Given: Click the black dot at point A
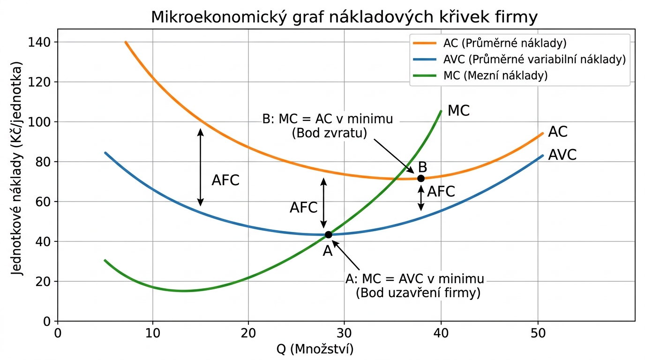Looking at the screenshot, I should (328, 234).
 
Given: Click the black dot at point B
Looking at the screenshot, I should (421, 179).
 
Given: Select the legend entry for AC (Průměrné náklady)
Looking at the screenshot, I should (505, 44).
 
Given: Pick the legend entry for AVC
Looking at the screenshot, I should (534, 60).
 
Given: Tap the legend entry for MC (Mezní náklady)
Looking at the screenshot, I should (495, 75).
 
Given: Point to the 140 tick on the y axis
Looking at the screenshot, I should (42, 42).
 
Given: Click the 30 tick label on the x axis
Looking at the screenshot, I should (344, 333).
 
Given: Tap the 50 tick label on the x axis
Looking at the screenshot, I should (538, 333).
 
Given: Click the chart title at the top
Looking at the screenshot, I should (344, 17).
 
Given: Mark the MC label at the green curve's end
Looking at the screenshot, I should (458, 111).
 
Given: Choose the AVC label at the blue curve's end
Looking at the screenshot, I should (562, 155).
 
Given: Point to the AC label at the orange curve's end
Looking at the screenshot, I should (557, 132).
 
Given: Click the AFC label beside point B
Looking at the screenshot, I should (441, 192).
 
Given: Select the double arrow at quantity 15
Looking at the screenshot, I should (200, 167).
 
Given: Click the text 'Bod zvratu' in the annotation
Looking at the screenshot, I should (329, 133).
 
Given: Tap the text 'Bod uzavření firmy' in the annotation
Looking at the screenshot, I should (418, 294).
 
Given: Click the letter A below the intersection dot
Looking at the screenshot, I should (327, 251).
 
